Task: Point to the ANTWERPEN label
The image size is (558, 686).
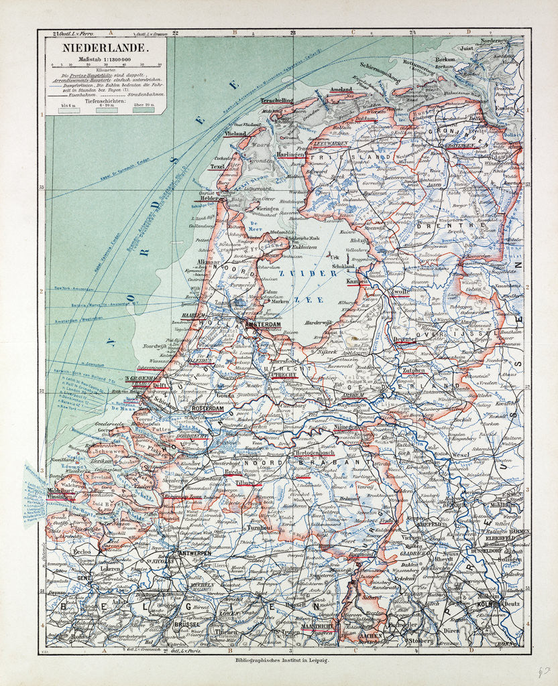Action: tap(194, 553)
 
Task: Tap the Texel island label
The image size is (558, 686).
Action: tap(217, 166)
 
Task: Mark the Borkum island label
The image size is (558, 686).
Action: tap(445, 59)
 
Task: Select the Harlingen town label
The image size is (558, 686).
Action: tap(290, 154)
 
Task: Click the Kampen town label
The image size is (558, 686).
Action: tap(357, 282)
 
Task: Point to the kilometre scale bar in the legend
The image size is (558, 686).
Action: tap(107, 64)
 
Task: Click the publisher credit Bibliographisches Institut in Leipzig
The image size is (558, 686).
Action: tap(279, 661)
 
